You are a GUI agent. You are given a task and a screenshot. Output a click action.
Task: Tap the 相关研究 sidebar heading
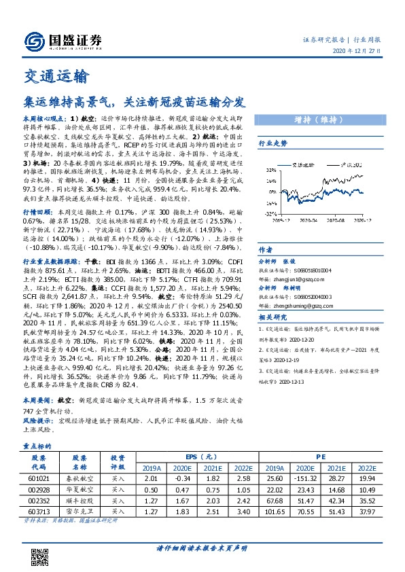(274, 318)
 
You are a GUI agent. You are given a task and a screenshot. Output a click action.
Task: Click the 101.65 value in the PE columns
(274, 511)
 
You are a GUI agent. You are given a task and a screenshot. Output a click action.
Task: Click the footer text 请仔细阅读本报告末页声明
(203, 548)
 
